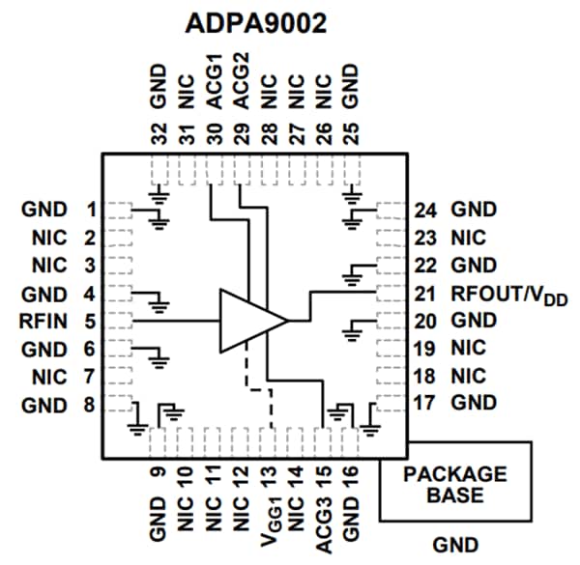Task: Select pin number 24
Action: [x=426, y=209]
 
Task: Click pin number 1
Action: [x=89, y=209]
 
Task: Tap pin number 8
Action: [x=89, y=405]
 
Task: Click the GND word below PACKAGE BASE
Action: [x=455, y=545]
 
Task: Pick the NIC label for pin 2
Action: [x=48, y=237]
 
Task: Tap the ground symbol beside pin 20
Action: [x=349, y=332]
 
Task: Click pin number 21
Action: [x=426, y=293]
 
